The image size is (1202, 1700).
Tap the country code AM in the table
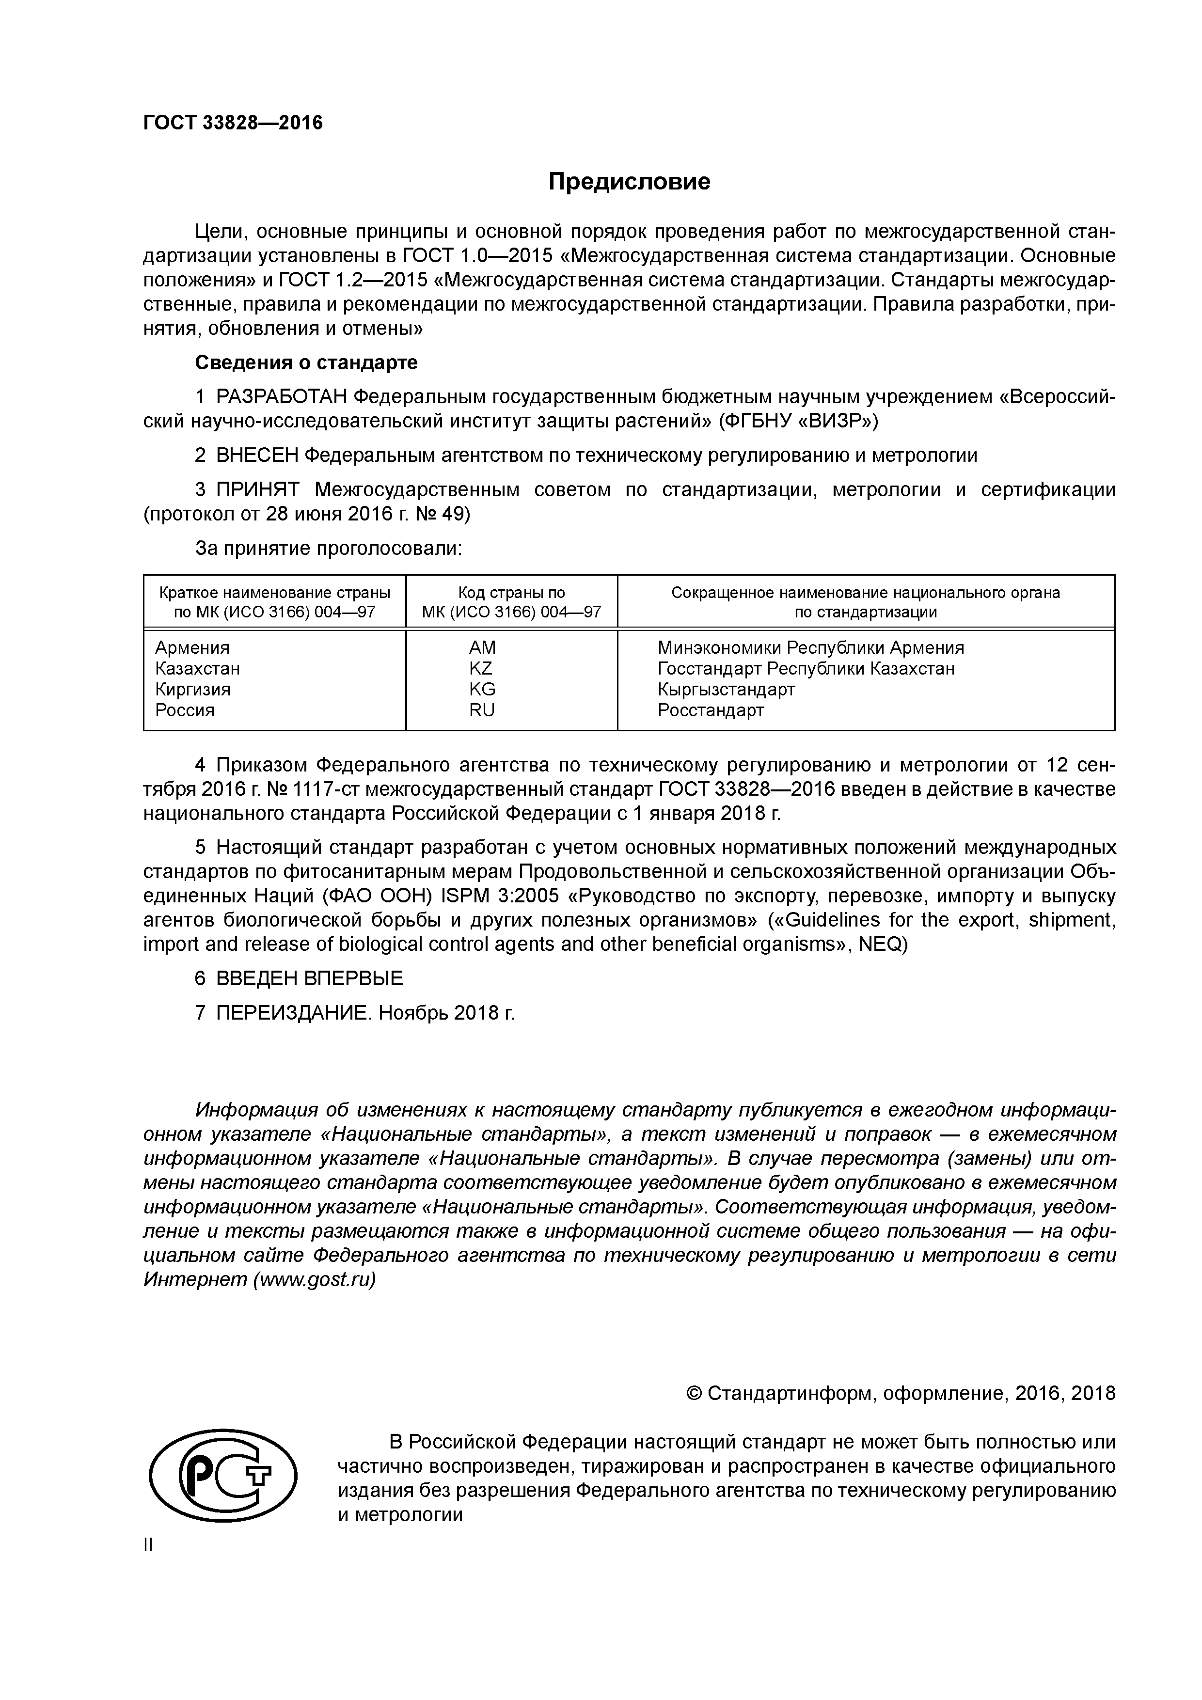click(x=482, y=648)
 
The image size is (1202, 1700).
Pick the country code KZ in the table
click(x=481, y=669)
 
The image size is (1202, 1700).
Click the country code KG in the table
click(x=482, y=689)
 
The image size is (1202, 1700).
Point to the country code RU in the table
click(x=481, y=710)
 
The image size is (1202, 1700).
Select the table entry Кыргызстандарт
click(x=726, y=689)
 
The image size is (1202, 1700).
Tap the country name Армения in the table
click(x=192, y=648)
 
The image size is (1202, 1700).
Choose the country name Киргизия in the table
click(x=192, y=689)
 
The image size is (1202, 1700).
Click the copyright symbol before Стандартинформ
click(x=695, y=1393)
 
